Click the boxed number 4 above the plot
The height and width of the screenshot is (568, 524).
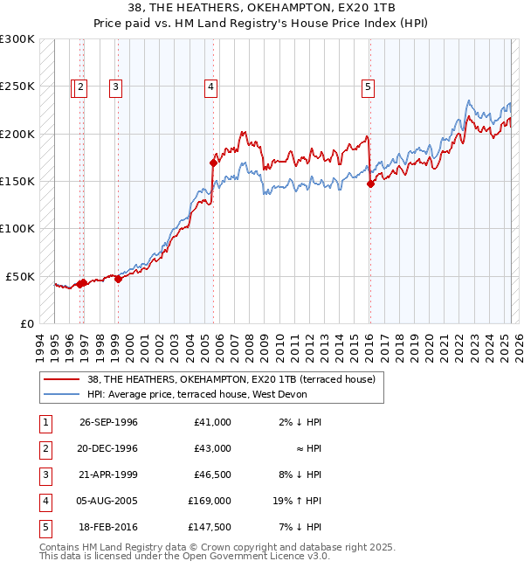coord(211,87)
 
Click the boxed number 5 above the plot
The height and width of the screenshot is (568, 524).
coord(369,87)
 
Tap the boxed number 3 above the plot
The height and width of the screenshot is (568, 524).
coord(115,87)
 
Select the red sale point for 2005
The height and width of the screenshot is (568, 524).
coord(212,163)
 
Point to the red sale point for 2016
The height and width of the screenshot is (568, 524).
coord(370,184)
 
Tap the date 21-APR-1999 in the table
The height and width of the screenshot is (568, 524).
coord(108,474)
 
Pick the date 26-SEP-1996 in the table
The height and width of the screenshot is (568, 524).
coord(108,422)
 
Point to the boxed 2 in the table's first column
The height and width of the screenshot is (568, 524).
coord(44,448)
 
